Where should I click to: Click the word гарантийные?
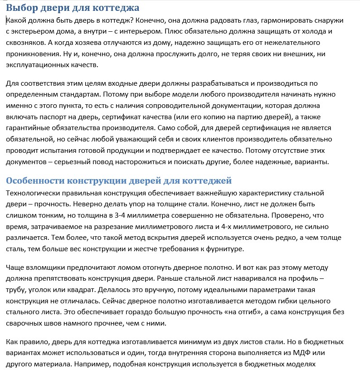[x=28, y=128]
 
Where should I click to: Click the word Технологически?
[x=34, y=193]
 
